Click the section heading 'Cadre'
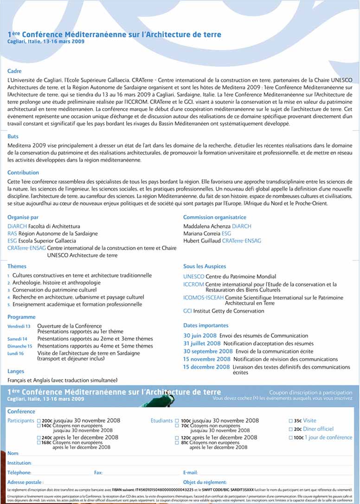click(14, 71)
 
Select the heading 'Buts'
click(13, 136)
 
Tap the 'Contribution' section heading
click(23, 173)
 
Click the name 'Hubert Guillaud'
click(202, 241)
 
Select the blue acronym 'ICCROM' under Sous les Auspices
click(193, 284)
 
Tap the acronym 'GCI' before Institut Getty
click(188, 311)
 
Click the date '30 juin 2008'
click(200, 336)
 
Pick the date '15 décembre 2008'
click(206, 367)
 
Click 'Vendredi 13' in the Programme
click(19, 327)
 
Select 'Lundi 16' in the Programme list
click(15, 354)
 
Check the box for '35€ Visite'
click(291, 421)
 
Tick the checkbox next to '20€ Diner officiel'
click(291, 429)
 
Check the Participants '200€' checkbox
click(39, 421)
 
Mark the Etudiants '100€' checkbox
click(177, 421)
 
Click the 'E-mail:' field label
click(190, 472)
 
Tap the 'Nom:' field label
click(13, 453)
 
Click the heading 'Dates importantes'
click(206, 326)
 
